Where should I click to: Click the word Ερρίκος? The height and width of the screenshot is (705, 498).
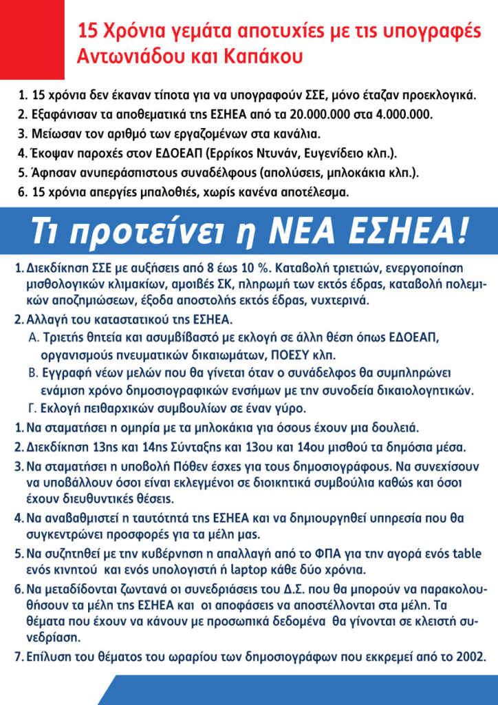[x=239, y=152]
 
